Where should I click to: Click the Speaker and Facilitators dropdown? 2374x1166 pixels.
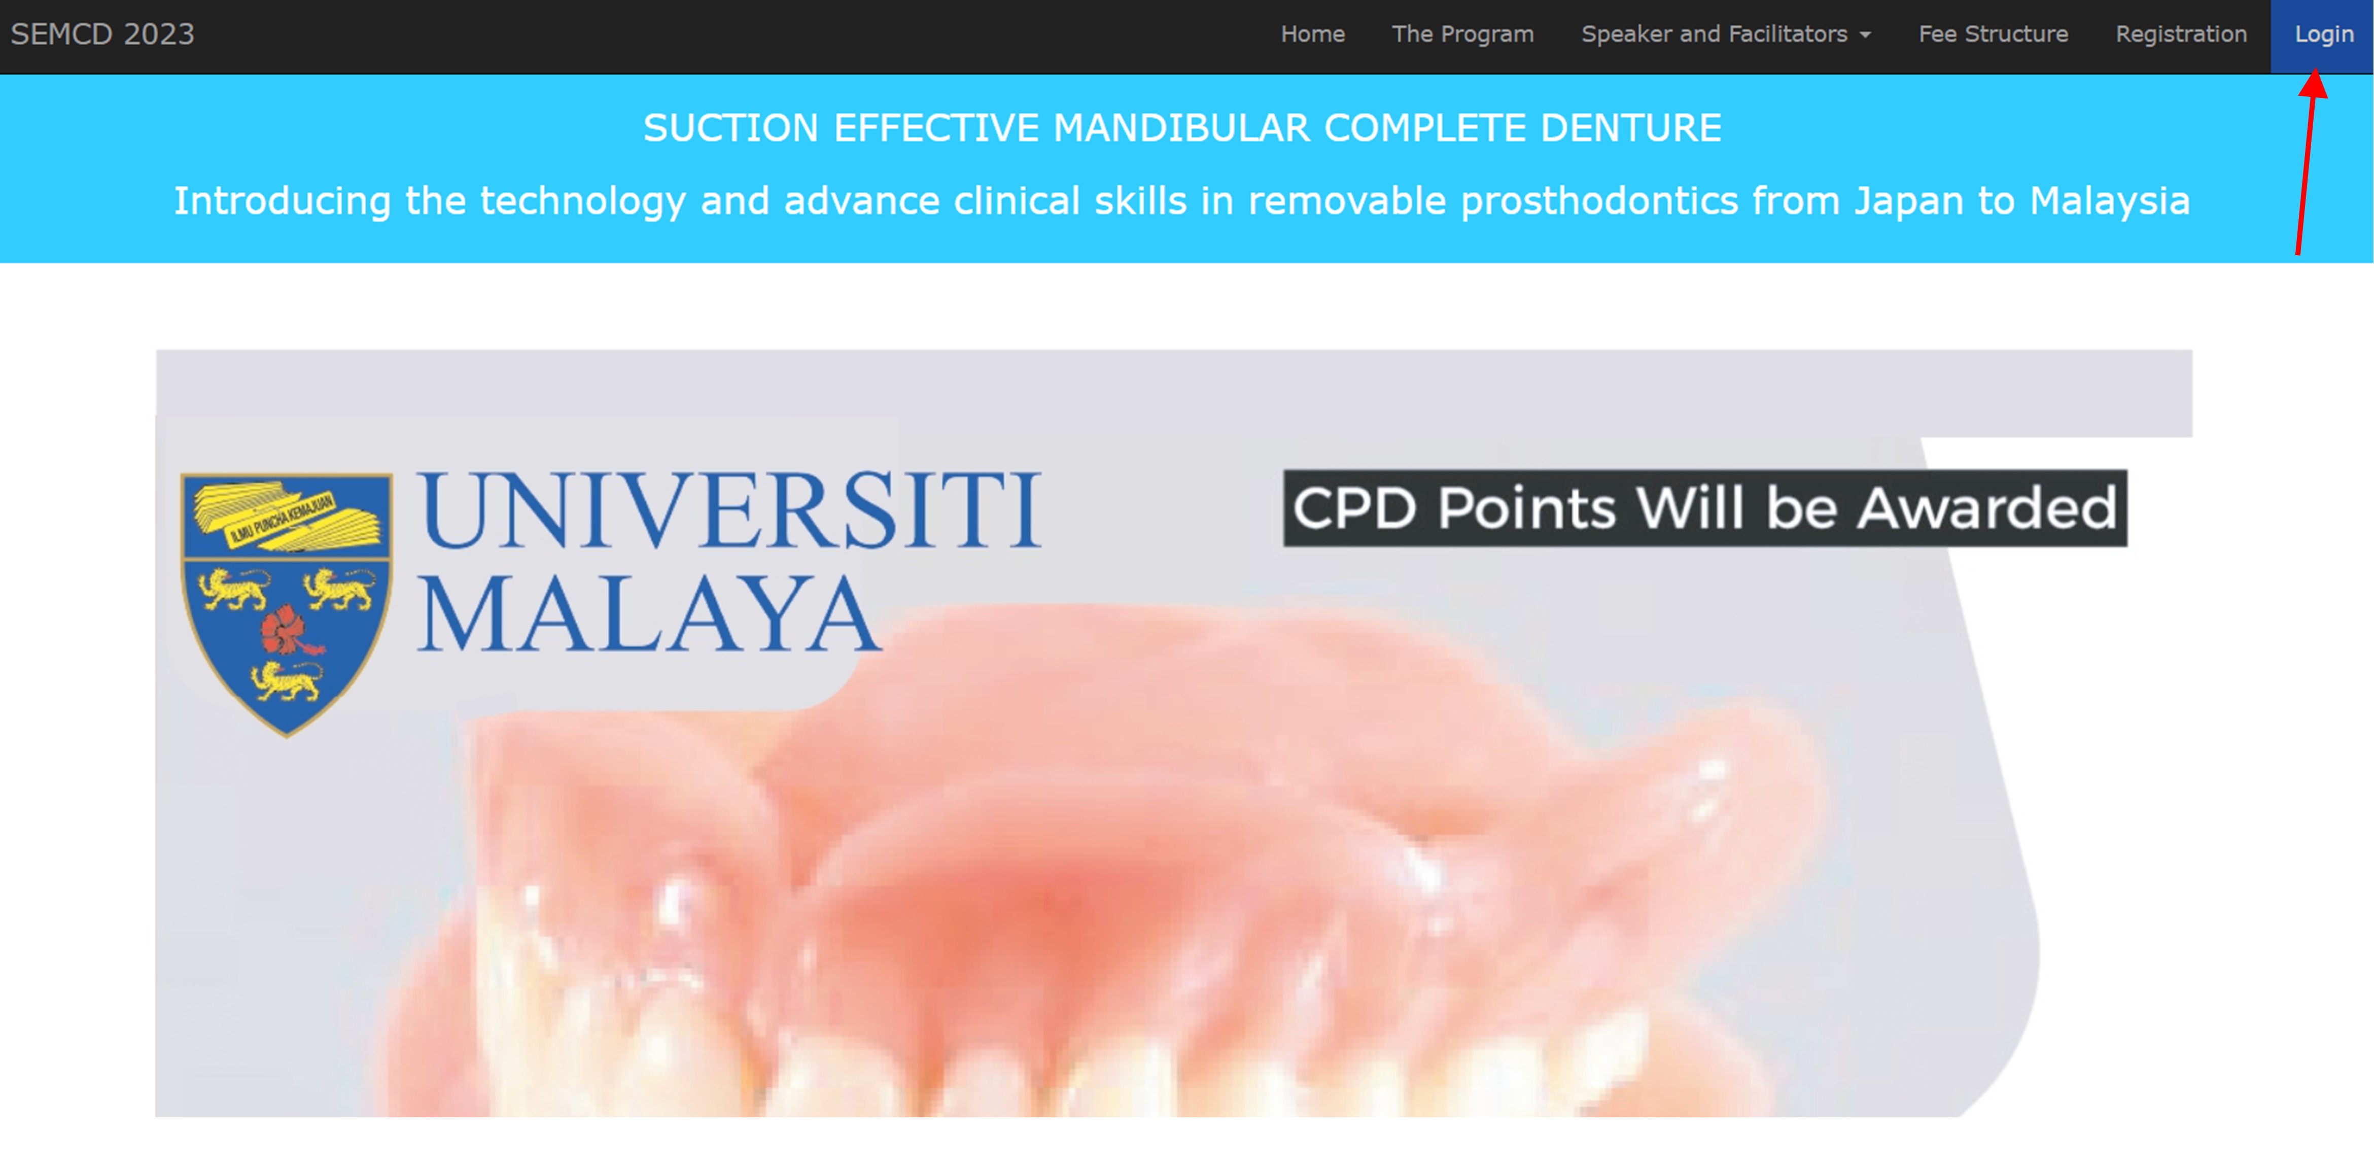(x=1725, y=34)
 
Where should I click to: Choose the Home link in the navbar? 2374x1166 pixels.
(x=1312, y=34)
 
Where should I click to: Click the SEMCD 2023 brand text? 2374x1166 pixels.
(x=102, y=34)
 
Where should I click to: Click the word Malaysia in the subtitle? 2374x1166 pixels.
(x=2110, y=201)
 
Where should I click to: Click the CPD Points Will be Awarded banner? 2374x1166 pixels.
(x=1705, y=508)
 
